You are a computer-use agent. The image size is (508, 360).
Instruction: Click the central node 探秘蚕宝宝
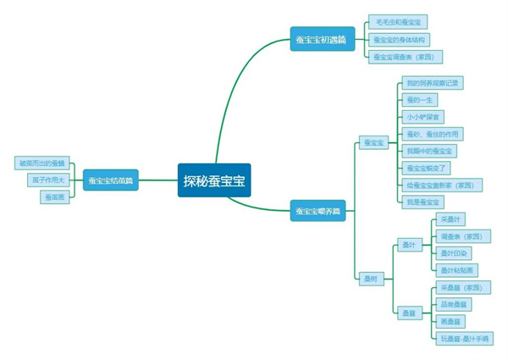pos(214,180)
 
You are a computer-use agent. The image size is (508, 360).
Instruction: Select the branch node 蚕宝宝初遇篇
pos(320,40)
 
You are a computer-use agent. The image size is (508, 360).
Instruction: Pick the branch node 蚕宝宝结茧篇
pos(111,180)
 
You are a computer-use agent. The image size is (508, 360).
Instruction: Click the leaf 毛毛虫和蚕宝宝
pos(398,23)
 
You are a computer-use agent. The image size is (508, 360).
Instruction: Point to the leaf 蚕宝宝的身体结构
pos(400,40)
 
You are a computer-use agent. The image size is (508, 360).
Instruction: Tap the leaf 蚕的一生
pos(419,100)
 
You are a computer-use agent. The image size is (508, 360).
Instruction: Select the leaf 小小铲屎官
pos(422,117)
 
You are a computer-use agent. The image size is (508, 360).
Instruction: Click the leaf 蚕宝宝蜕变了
pos(427,168)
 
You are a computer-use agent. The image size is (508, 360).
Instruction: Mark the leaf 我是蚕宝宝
pos(422,202)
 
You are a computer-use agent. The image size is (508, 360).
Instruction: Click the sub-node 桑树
pos(370,279)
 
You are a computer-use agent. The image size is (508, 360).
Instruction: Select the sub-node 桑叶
pos(409,245)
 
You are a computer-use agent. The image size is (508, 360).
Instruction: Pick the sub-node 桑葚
pos(409,313)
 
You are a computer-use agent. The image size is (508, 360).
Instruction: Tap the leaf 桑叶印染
pos(455,253)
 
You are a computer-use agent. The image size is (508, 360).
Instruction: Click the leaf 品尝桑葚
pos(455,304)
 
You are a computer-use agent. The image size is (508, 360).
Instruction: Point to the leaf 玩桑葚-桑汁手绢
pos(465,338)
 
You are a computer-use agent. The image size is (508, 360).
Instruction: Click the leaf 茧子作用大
pos(47,180)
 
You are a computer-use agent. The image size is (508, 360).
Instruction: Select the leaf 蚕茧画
pos(52,197)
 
